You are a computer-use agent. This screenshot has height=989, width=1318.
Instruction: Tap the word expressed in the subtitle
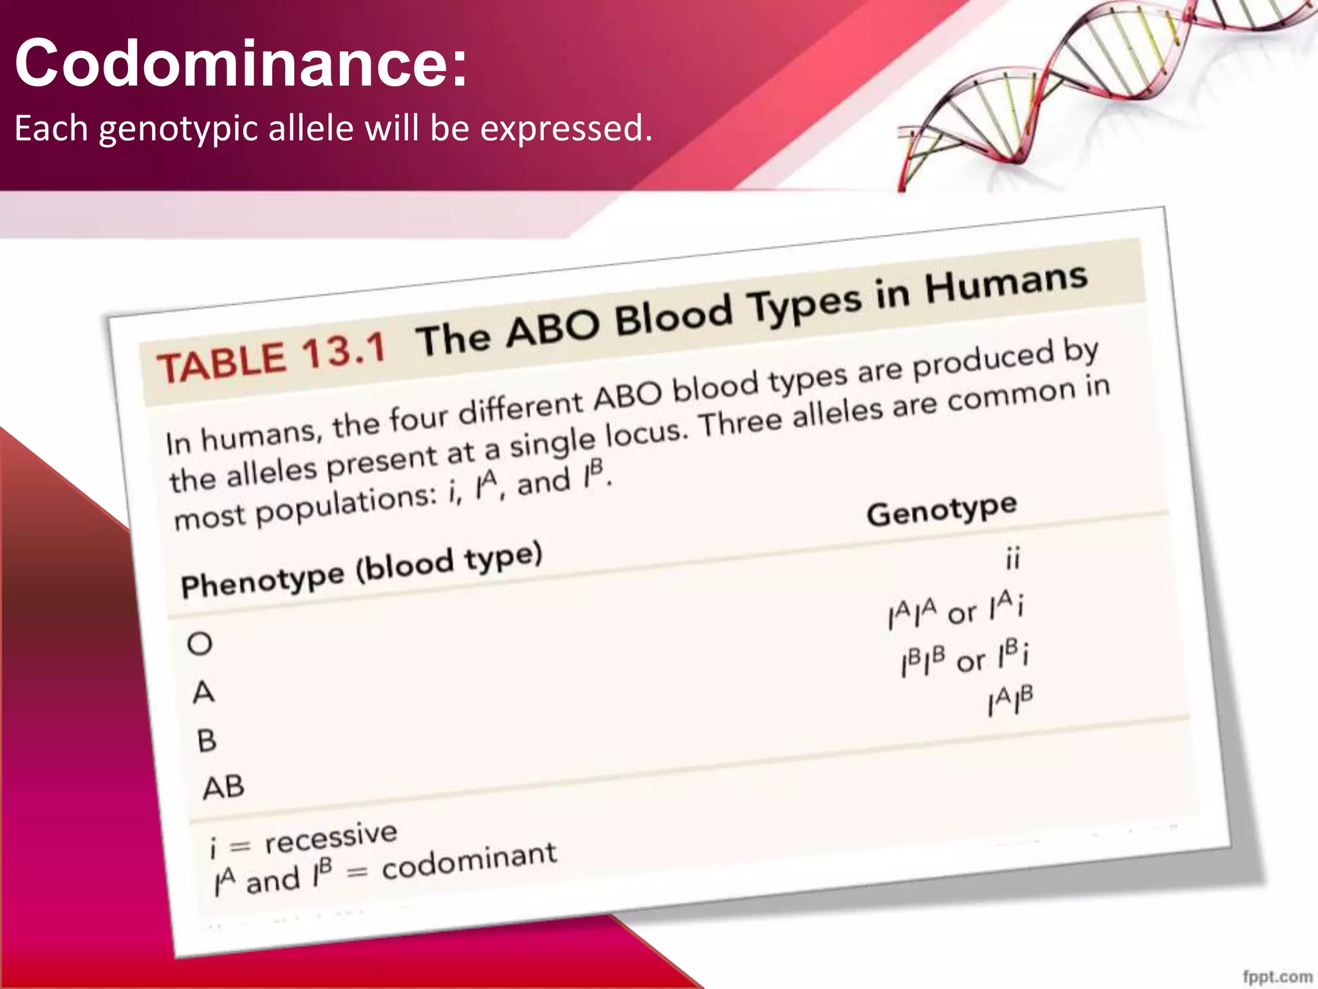point(566,128)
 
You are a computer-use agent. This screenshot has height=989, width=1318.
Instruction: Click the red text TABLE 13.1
point(271,358)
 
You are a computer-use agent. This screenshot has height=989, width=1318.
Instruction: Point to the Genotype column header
point(942,510)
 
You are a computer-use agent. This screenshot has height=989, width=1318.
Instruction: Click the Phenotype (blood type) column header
point(362,570)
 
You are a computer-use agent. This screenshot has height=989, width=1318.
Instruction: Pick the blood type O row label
point(200,643)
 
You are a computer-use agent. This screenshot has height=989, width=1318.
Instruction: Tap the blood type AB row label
point(223,787)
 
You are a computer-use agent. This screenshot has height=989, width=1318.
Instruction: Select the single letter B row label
point(207,741)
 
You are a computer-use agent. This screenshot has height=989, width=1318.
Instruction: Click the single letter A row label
point(203,693)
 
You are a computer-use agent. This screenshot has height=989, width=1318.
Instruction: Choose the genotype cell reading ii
point(1012,558)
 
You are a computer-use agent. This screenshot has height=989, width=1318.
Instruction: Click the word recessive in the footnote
point(331,838)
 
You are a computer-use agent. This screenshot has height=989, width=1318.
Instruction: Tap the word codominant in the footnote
point(469,862)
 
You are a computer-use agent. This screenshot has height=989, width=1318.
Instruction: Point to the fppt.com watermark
point(1277,976)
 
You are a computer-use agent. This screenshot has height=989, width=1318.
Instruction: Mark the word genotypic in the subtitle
point(180,129)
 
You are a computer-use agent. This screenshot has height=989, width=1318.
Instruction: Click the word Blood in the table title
point(674,315)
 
